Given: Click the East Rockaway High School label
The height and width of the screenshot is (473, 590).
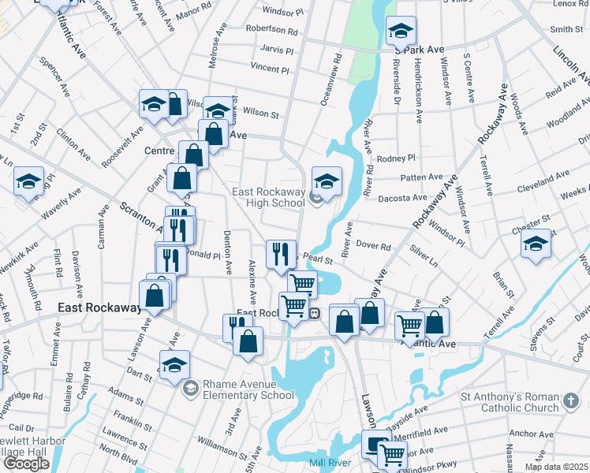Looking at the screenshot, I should point(268,197).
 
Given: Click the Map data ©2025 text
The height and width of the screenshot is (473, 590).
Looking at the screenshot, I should point(557,467).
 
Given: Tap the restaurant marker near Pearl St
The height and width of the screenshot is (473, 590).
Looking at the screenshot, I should point(281,254).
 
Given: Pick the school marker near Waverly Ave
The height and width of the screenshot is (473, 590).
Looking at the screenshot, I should point(29,183).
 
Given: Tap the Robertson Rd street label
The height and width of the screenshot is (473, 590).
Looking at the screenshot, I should point(271,30).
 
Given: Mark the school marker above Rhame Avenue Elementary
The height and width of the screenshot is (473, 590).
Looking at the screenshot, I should point(175,364).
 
